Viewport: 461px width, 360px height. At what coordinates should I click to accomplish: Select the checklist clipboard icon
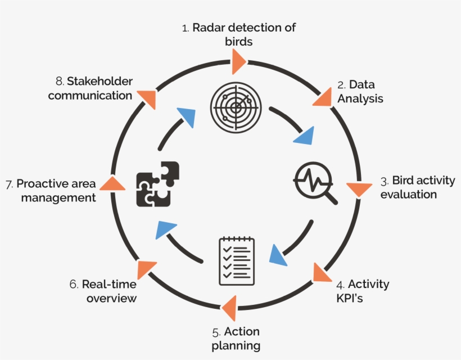[x=236, y=260]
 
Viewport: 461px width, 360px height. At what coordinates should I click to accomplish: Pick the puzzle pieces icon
[x=157, y=183]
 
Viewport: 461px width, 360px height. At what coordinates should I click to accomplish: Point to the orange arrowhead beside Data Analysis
[x=323, y=97]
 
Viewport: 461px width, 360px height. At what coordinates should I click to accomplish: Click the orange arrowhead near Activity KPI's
[x=322, y=272]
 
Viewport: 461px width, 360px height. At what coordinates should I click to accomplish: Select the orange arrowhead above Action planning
[x=229, y=308]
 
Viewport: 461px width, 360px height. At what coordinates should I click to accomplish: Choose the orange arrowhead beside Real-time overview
[x=147, y=269]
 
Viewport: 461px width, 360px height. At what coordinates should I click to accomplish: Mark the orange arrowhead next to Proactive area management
[x=114, y=183]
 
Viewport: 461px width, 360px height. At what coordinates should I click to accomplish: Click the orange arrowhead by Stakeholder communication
[x=148, y=98]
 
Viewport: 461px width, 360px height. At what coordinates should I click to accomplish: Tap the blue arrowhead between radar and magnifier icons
[x=305, y=136]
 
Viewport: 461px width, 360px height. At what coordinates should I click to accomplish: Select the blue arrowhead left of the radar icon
[x=187, y=118]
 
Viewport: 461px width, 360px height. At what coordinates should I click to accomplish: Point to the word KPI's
[x=345, y=298]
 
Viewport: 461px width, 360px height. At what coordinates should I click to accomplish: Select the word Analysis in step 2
[x=364, y=98]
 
